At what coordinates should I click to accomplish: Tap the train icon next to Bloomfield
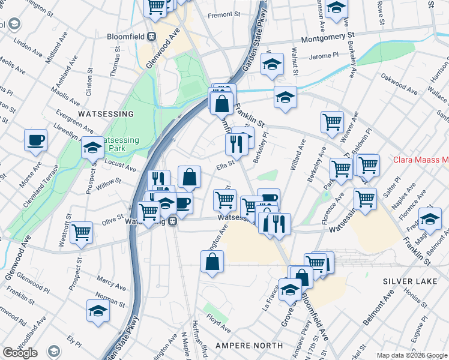click(152, 36)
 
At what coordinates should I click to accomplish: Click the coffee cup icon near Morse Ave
click(35, 140)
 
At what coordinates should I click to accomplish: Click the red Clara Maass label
click(421, 160)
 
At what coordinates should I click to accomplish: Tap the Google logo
click(20, 353)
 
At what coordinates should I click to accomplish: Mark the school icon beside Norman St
click(98, 310)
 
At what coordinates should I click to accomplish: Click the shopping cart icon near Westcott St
click(81, 231)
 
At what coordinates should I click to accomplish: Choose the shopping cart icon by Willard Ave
click(331, 122)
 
